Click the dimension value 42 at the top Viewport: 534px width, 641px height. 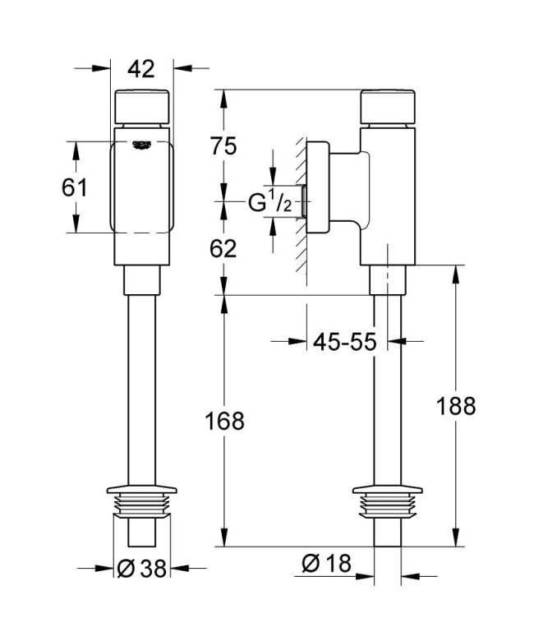pos(142,69)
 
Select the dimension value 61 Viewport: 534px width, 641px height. pos(74,187)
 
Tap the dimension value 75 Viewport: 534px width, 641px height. pos(223,145)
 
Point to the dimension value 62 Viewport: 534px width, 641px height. pos(223,247)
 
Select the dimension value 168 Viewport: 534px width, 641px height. pos(225,421)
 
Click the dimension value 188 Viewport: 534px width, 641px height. pos(456,406)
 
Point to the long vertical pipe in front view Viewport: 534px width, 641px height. pos(142,386)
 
